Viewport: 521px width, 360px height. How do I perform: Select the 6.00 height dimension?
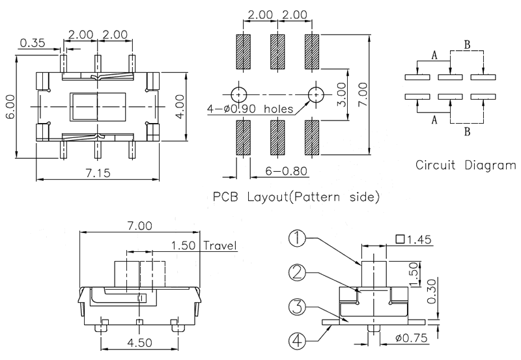pyautogui.click(x=10, y=106)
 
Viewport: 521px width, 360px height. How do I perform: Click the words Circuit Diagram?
pyautogui.click(x=466, y=165)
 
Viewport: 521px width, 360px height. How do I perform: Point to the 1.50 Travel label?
pyautogui.click(x=204, y=245)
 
